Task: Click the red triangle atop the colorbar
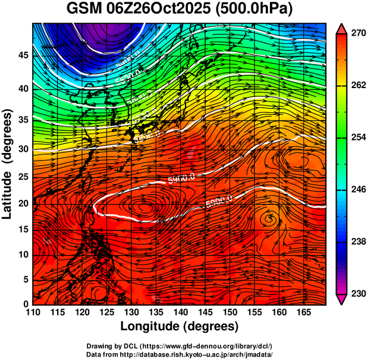tap(341, 29)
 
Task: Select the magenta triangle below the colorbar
tap(341, 299)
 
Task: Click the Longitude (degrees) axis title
tap(180, 326)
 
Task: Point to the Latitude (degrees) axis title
tap(8, 164)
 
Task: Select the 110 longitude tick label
tap(33, 312)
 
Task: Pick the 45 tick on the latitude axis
tap(23, 55)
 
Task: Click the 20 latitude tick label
tap(23, 204)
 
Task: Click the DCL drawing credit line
tap(180, 346)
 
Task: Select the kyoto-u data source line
tap(180, 353)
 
